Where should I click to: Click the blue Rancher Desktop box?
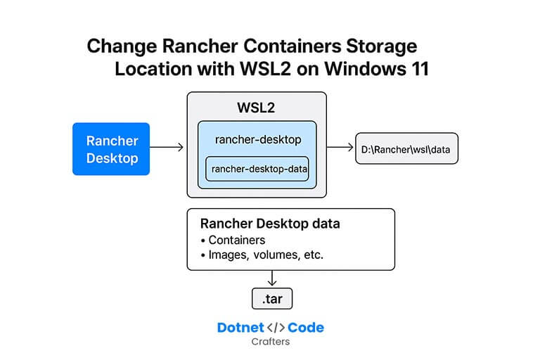coord(112,149)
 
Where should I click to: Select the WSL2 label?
coord(257,109)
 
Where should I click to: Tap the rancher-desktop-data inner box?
coord(257,169)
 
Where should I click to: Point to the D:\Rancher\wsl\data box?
coord(407,148)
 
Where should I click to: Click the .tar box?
coord(272,299)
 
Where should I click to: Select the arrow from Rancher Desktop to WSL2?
coord(167,148)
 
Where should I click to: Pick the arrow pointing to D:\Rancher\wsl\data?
coord(340,148)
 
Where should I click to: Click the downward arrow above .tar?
coord(271,278)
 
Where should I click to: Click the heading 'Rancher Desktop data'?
coord(270,224)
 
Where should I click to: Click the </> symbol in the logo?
coord(276,328)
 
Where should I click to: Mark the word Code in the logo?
coord(306,327)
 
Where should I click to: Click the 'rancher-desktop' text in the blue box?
coord(257,139)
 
